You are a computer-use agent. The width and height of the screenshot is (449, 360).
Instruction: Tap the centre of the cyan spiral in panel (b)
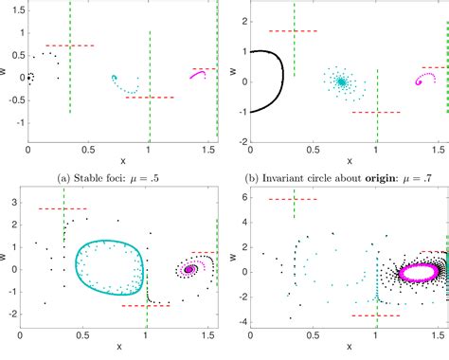pyautogui.click(x=340, y=82)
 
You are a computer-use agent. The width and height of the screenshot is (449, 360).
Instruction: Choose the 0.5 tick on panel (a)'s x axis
pyautogui.click(x=89, y=152)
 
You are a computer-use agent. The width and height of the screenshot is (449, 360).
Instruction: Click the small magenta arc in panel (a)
pyautogui.click(x=198, y=74)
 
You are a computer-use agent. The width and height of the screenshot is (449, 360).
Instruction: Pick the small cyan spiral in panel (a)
pyautogui.click(x=115, y=79)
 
